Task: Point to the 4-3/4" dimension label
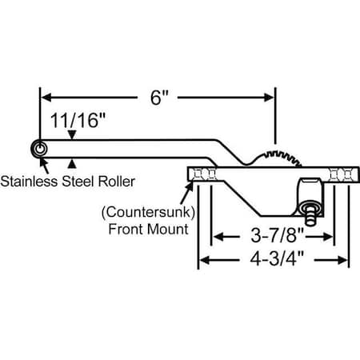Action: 273,261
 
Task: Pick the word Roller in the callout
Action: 114,182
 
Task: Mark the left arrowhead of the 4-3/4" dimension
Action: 204,261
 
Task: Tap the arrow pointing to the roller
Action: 43,165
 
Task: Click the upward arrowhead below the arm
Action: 73,162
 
